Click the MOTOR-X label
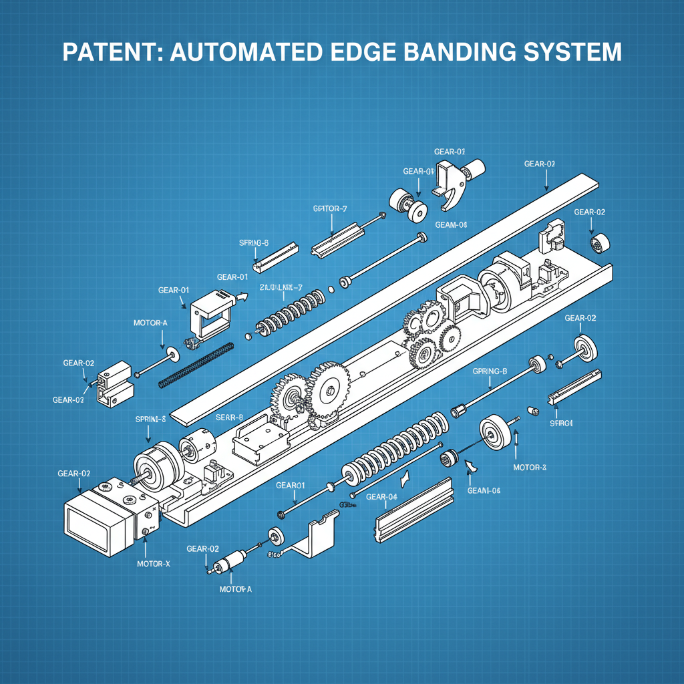coord(154,564)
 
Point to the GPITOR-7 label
coord(330,209)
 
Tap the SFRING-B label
coord(253,243)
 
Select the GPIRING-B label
coord(490,371)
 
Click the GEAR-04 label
coord(382,496)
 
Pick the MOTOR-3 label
coord(530,467)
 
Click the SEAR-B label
coord(229,417)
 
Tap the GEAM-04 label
coord(451,225)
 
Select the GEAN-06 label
coord(484,491)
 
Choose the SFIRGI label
coord(562,423)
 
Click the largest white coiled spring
coord(394,448)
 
